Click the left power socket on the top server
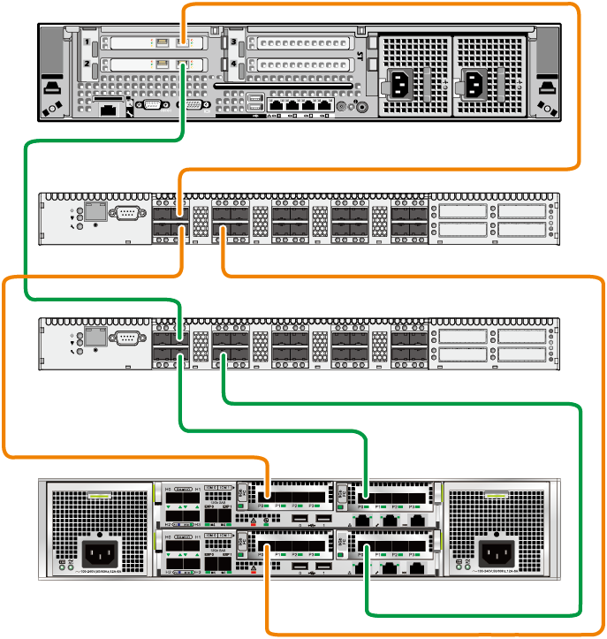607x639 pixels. click(x=401, y=85)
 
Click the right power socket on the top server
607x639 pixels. click(x=474, y=85)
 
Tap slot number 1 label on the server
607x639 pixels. click(x=86, y=42)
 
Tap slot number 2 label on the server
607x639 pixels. click(x=86, y=65)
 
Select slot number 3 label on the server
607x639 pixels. click(x=233, y=42)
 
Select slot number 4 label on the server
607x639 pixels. click(x=233, y=65)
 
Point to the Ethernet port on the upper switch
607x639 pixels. click(x=95, y=213)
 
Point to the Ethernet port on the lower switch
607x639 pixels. click(x=95, y=339)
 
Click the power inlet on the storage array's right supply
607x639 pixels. click(x=497, y=555)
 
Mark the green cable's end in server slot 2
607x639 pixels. click(x=183, y=64)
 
